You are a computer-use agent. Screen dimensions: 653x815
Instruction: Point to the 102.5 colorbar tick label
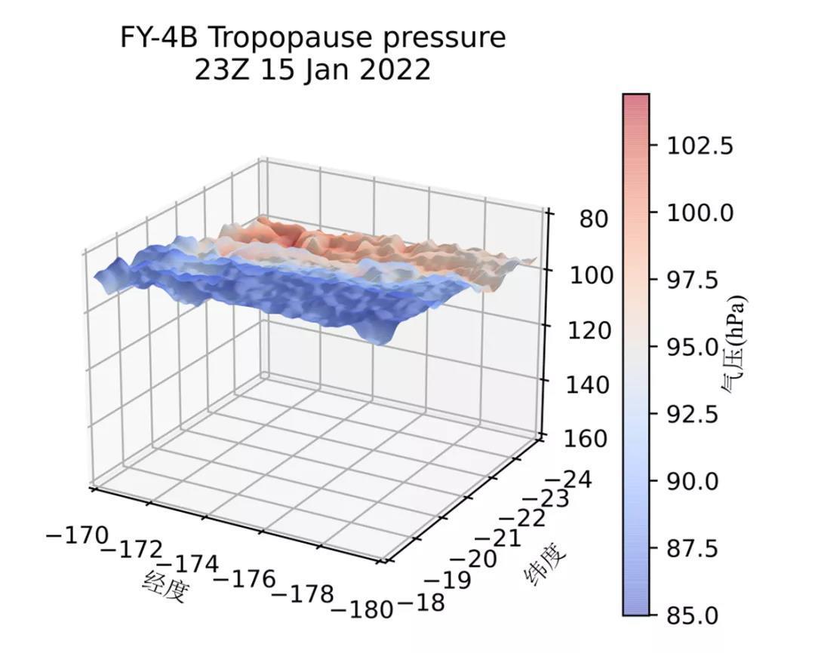[700, 146]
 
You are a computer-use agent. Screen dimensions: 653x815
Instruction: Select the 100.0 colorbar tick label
[700, 213]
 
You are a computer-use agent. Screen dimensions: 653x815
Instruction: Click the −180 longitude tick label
[362, 609]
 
